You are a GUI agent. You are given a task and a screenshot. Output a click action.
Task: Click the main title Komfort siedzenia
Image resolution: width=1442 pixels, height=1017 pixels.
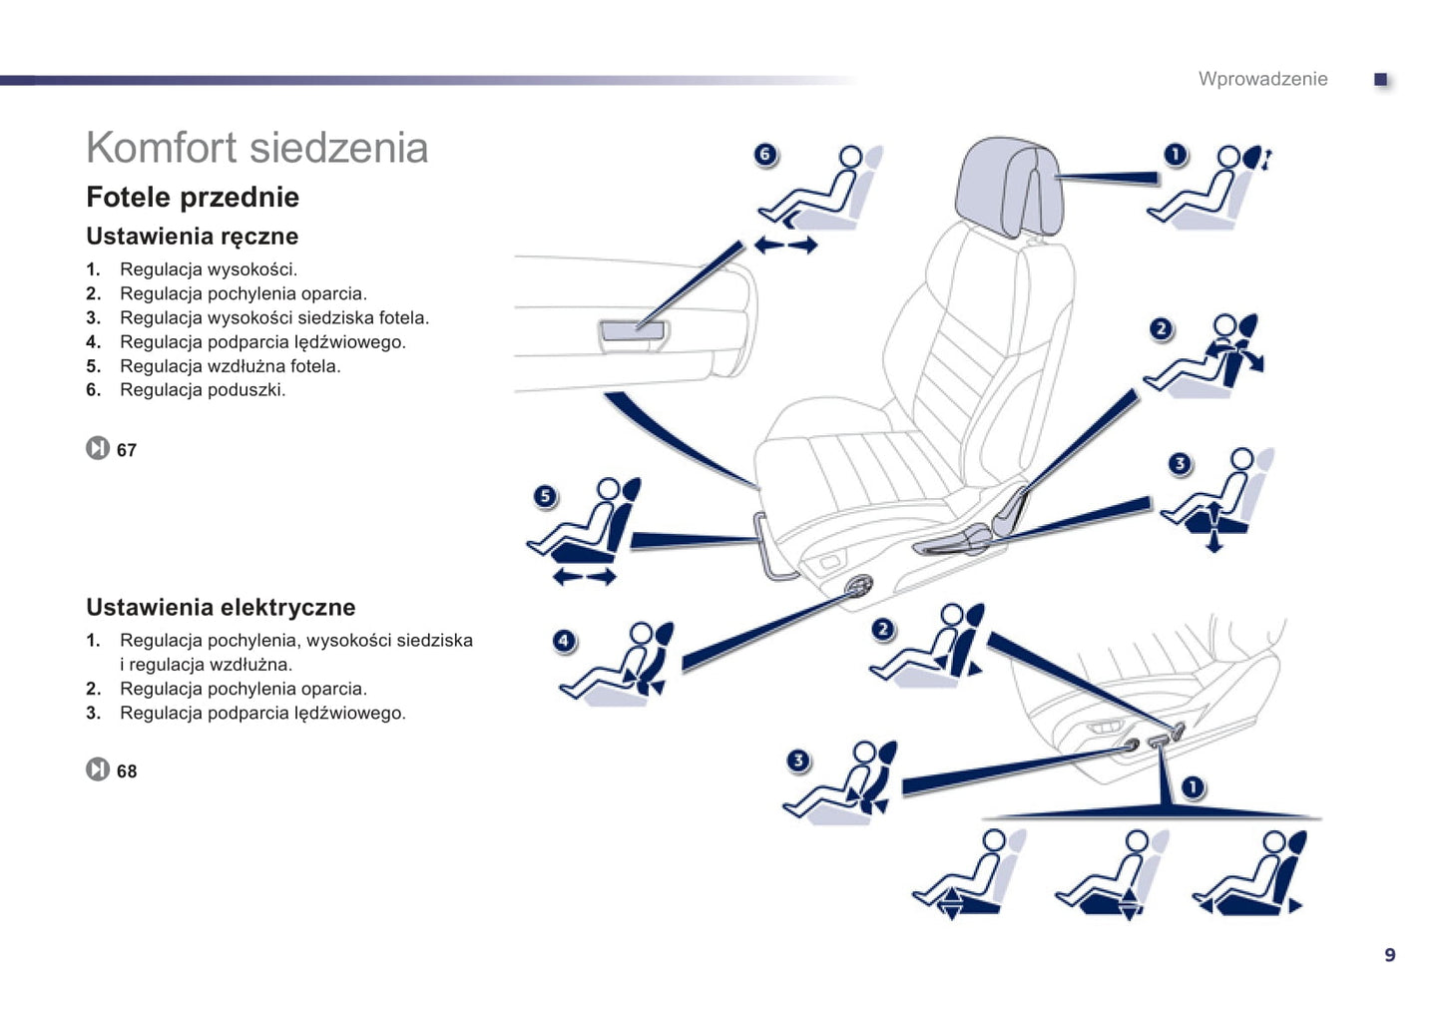click(256, 148)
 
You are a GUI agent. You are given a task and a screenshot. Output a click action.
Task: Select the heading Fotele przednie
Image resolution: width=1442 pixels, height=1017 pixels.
click(193, 197)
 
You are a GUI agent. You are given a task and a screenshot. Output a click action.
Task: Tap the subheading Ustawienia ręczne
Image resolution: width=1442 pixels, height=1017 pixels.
click(192, 237)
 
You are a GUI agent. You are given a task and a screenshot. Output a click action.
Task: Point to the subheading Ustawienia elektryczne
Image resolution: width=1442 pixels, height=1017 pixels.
click(221, 607)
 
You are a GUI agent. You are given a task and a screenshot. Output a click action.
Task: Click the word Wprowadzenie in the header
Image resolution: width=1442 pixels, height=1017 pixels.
click(1262, 79)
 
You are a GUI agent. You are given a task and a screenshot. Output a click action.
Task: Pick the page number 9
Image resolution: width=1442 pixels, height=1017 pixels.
click(1389, 955)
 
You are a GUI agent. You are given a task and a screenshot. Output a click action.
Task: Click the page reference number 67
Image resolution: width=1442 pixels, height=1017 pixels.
click(127, 450)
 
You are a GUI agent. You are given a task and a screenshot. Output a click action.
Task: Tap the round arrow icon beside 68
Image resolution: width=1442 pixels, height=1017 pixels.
click(97, 769)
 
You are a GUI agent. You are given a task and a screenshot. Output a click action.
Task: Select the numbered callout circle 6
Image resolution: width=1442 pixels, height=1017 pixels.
click(764, 154)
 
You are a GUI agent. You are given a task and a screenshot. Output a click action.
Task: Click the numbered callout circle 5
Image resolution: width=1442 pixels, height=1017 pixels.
click(544, 496)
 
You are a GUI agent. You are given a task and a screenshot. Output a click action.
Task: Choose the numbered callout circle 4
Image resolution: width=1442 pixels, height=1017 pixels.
click(564, 640)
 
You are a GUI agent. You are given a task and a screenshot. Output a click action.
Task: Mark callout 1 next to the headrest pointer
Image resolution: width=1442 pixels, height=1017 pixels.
click(1176, 154)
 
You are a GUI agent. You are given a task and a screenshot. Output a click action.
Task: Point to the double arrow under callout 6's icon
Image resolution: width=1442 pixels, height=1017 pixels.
click(785, 245)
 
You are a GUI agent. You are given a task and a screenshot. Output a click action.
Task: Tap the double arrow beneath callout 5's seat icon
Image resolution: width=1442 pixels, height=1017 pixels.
click(585, 577)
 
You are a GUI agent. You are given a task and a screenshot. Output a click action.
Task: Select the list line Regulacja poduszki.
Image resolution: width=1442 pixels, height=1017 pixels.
click(202, 390)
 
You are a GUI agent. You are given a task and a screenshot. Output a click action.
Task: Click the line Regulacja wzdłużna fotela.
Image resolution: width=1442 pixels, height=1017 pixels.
click(230, 366)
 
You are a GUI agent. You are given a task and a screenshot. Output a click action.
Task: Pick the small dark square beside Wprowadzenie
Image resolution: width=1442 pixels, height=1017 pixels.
click(1381, 79)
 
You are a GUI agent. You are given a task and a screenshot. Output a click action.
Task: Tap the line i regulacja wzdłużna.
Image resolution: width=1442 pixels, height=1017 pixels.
click(206, 665)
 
